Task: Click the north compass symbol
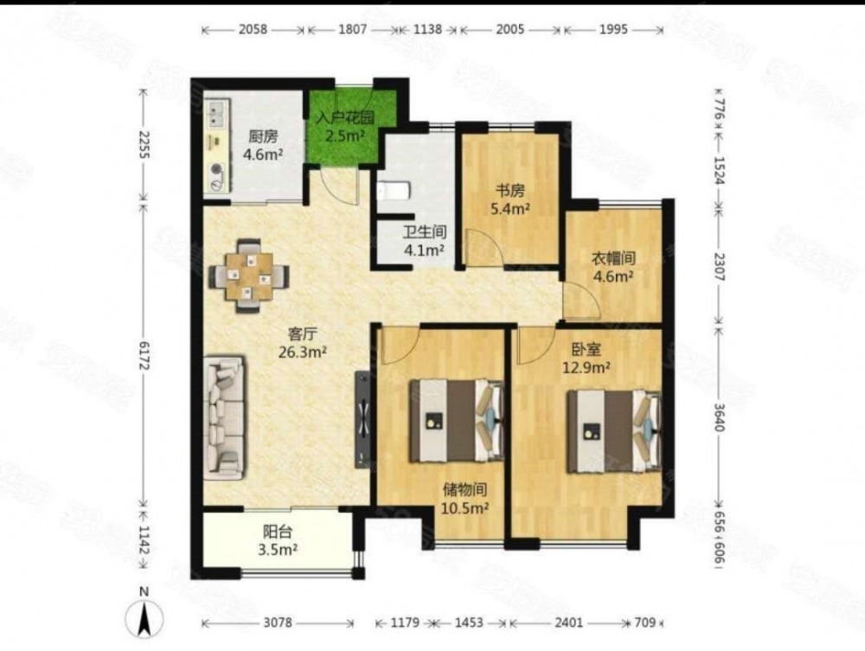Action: click(x=144, y=616)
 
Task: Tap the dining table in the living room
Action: click(x=249, y=276)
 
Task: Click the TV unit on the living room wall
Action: click(x=362, y=419)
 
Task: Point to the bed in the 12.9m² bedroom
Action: click(x=614, y=431)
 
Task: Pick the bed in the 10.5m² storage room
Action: click(x=456, y=420)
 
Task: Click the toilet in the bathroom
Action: click(x=394, y=191)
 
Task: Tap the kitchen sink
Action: click(x=217, y=113)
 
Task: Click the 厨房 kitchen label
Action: click(x=263, y=137)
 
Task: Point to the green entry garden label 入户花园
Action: click(x=345, y=118)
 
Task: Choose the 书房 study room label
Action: click(x=510, y=191)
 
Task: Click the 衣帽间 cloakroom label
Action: click(x=613, y=258)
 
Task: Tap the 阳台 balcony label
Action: click(x=278, y=532)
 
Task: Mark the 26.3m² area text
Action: click(x=303, y=352)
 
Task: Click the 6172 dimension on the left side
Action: click(x=144, y=355)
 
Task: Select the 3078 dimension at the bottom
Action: click(x=278, y=622)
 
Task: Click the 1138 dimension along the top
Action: click(x=428, y=29)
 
